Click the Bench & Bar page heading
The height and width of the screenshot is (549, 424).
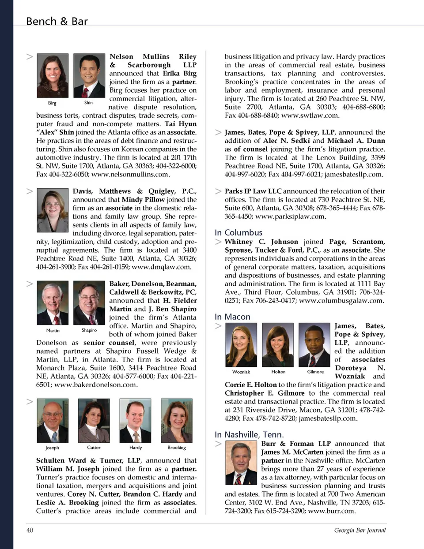pos(57,21)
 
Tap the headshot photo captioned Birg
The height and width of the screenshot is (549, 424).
pos(53,75)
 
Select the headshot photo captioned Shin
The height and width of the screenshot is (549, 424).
pos(89,75)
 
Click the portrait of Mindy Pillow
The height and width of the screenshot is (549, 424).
pos(53,210)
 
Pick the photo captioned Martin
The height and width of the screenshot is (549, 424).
pos(53,303)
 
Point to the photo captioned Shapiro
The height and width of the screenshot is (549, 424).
pos(89,303)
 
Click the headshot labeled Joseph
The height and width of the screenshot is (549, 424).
pos(53,420)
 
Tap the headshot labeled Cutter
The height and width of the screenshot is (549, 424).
pos(94,420)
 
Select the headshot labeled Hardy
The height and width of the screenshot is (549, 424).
pos(135,420)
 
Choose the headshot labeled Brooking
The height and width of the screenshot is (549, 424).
pos(177,420)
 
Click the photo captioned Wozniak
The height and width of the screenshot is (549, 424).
pos(241,344)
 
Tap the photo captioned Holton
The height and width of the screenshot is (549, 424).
pos(278,344)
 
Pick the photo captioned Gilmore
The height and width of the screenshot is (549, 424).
pos(314,344)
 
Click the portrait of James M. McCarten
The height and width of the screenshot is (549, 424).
pos(241,463)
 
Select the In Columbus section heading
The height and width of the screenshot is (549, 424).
pos(238,232)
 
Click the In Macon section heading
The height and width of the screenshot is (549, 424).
pos(232,317)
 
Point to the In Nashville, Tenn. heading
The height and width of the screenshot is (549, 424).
pos(249,434)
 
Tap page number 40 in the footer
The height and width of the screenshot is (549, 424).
pos(30,530)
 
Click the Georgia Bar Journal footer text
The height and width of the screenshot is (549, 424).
pos(360,530)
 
